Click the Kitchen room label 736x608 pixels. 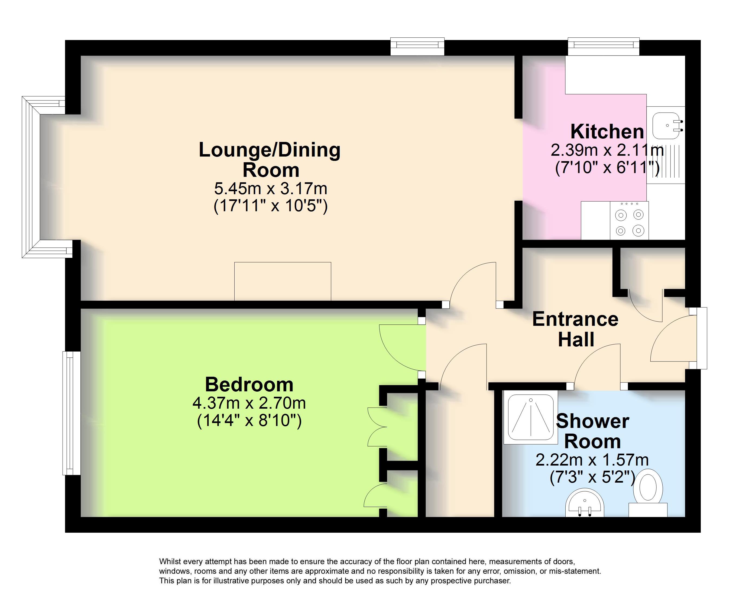(x=607, y=132)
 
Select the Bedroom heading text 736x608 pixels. (x=249, y=385)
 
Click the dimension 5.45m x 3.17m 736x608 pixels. (x=270, y=189)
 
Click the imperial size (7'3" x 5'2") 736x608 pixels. (x=592, y=477)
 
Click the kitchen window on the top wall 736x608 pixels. (x=603, y=47)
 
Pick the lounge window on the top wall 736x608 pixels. (x=417, y=47)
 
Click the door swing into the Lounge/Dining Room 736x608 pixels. (x=471, y=284)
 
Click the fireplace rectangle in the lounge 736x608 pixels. (x=282, y=281)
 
